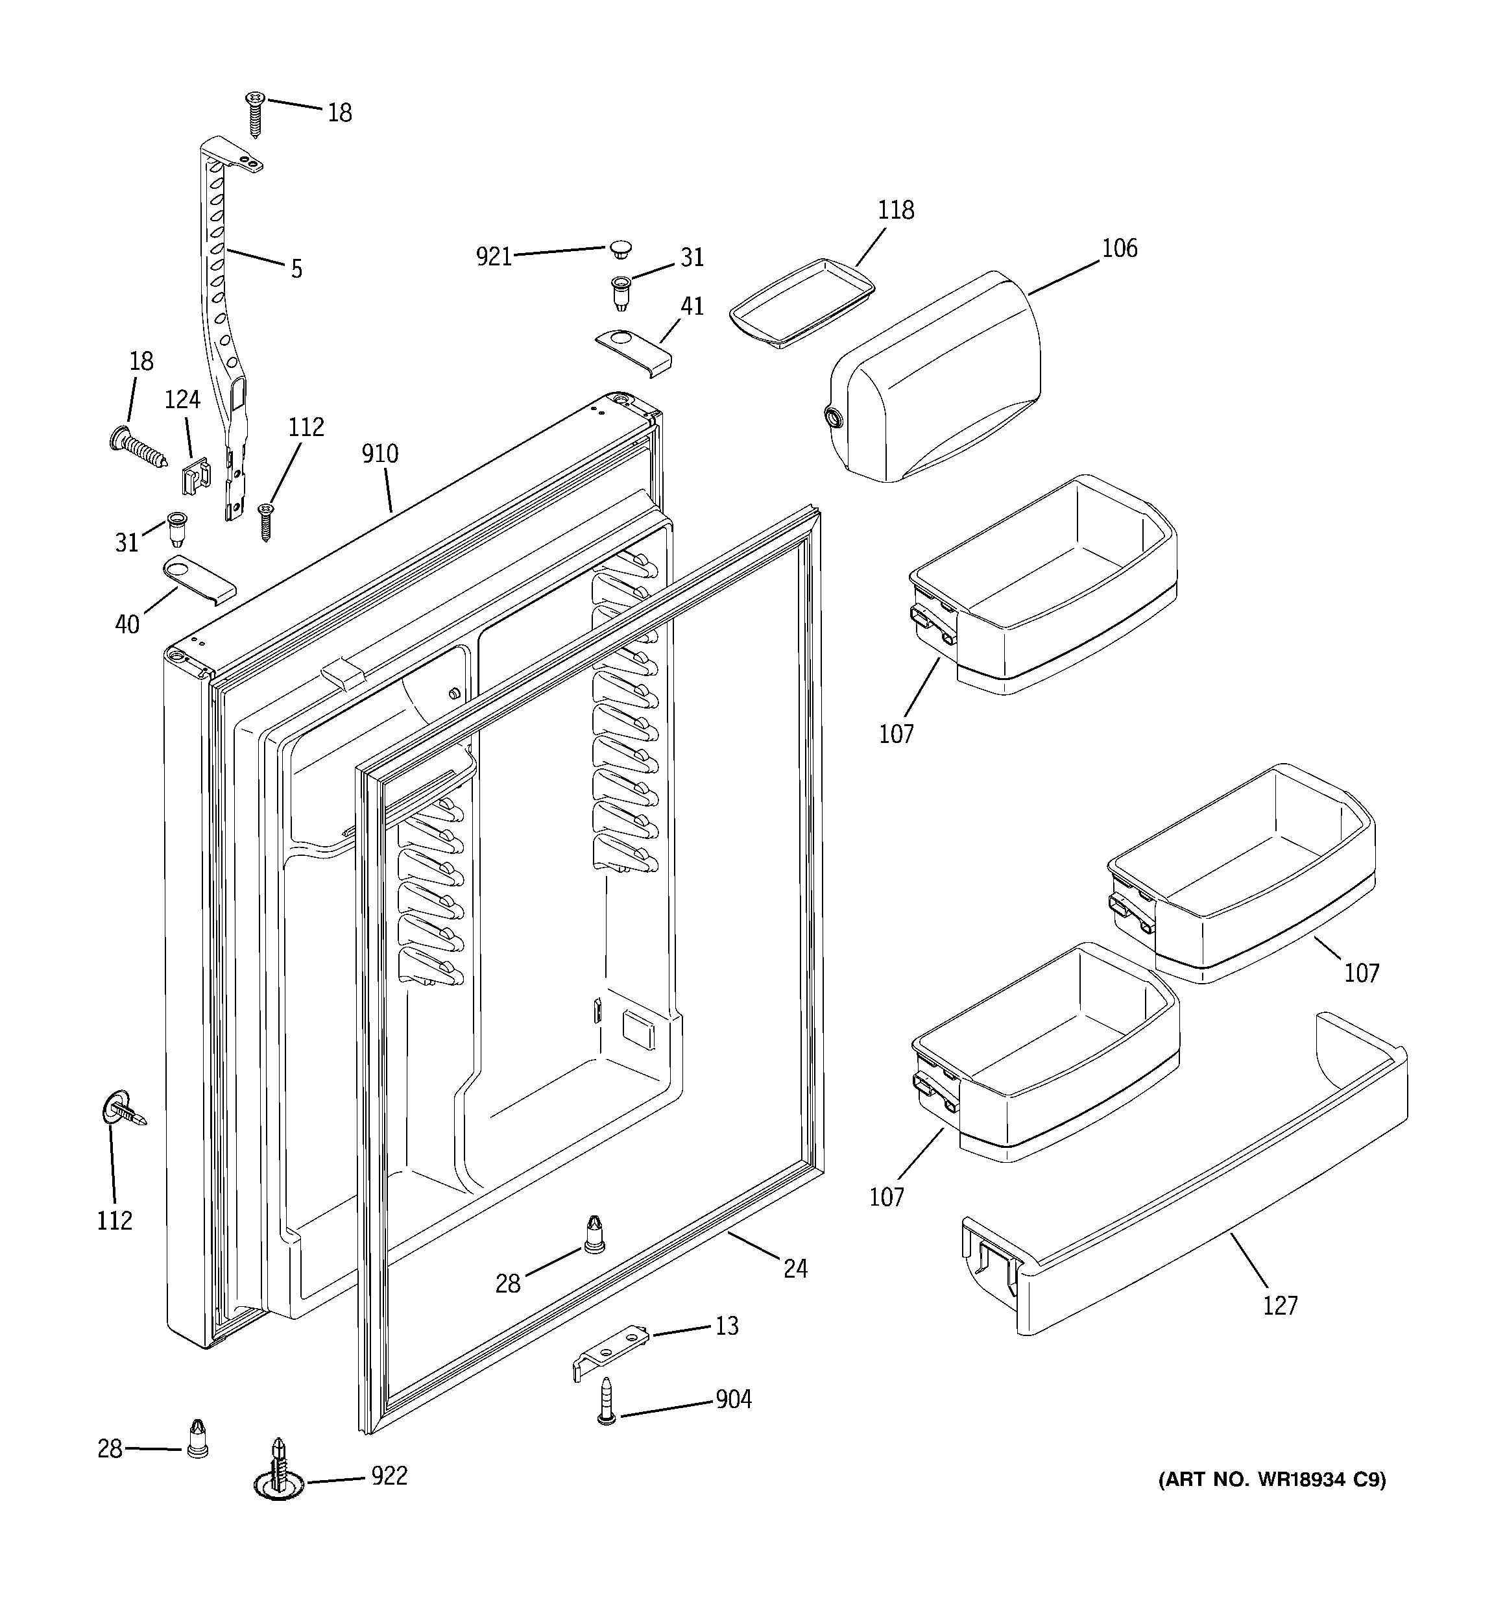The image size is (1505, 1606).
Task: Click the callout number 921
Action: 493,256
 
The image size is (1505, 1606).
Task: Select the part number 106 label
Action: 1119,248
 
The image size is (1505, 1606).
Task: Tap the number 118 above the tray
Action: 896,210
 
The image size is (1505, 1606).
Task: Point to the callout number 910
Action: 379,454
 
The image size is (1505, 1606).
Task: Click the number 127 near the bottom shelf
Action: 1281,1305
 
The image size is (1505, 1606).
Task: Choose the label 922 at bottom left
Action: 389,1476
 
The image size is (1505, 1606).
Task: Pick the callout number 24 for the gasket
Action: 795,1269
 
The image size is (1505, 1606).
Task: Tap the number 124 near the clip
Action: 182,399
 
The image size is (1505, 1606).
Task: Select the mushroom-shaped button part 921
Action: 620,248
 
